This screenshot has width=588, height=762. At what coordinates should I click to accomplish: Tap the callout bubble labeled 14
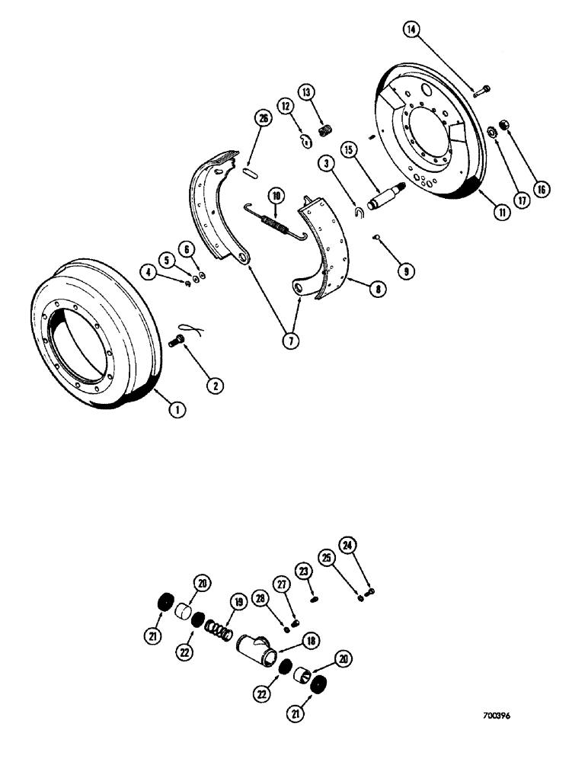pos(411,30)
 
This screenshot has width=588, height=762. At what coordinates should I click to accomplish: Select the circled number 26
pos(263,118)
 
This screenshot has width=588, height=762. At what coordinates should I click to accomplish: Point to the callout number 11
pos(500,214)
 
